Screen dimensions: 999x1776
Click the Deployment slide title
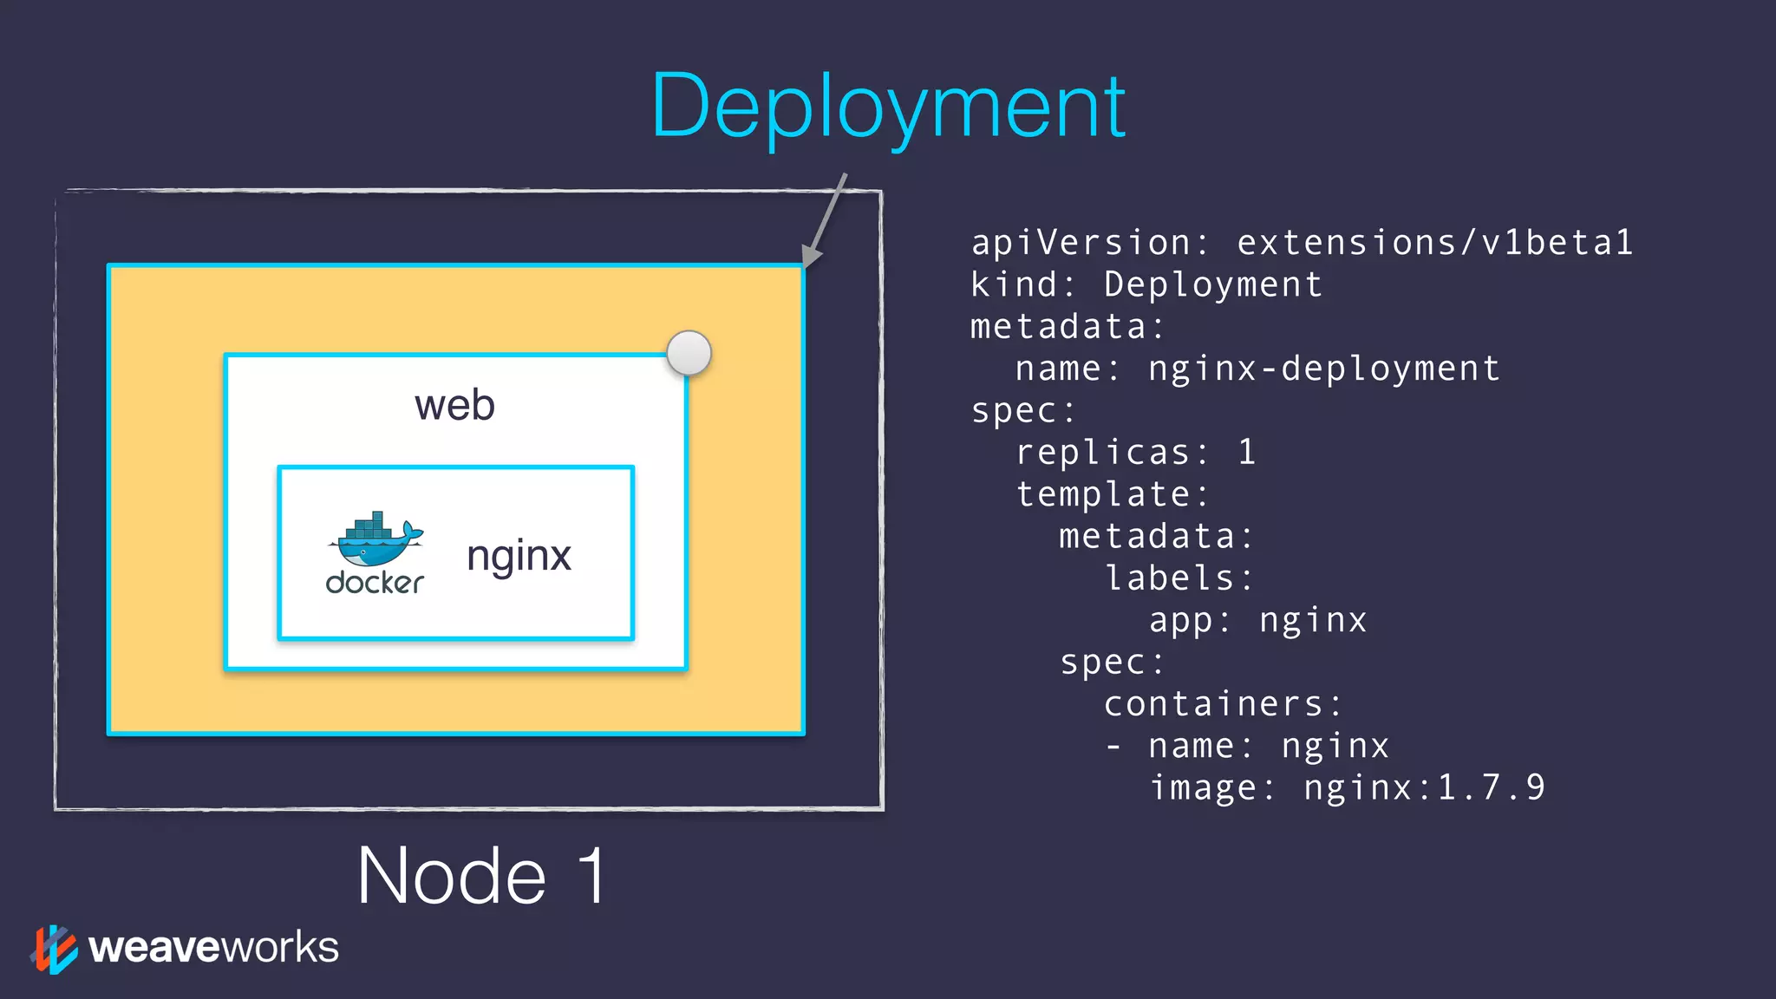[x=888, y=108]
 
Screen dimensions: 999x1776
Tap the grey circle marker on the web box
[x=689, y=353]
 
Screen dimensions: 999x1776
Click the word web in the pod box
[x=454, y=405]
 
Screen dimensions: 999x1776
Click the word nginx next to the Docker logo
[x=519, y=556]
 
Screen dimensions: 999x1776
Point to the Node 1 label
[x=482, y=876]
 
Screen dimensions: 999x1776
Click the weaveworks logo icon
[x=54, y=949]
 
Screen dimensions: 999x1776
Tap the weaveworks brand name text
[x=213, y=947]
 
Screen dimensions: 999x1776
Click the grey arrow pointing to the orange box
[x=824, y=221]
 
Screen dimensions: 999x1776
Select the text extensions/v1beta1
[x=1434, y=243]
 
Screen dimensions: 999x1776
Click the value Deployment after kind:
[x=1213, y=285]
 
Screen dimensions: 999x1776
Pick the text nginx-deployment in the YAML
[x=1323, y=369]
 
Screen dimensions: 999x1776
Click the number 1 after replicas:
[x=1246, y=452]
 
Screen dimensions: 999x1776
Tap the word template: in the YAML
[x=1113, y=494]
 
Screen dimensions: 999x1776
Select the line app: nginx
[x=1257, y=621]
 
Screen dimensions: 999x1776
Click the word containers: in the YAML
[x=1223, y=704]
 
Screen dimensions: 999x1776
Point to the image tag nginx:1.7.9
[x=1424, y=788]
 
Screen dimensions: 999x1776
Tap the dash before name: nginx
[x=1113, y=747]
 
